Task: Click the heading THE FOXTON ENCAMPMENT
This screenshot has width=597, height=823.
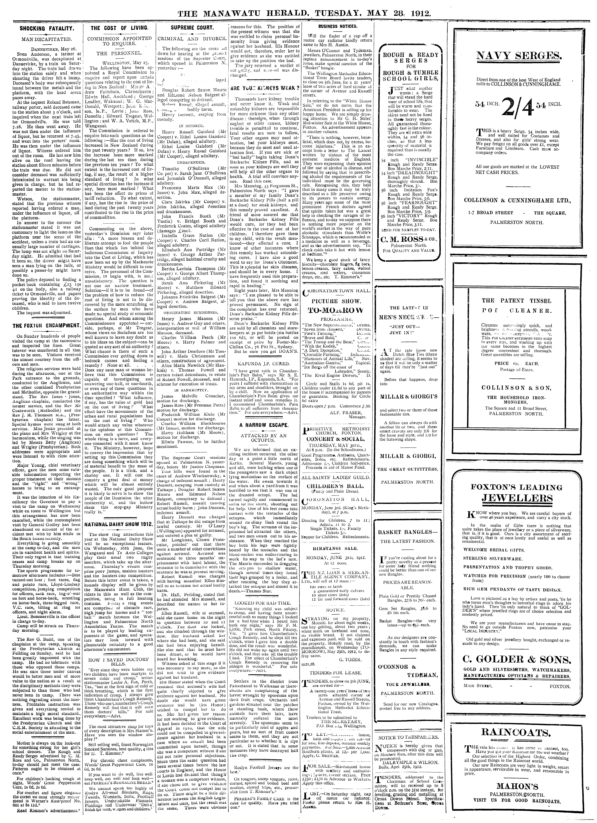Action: (45, 325)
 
